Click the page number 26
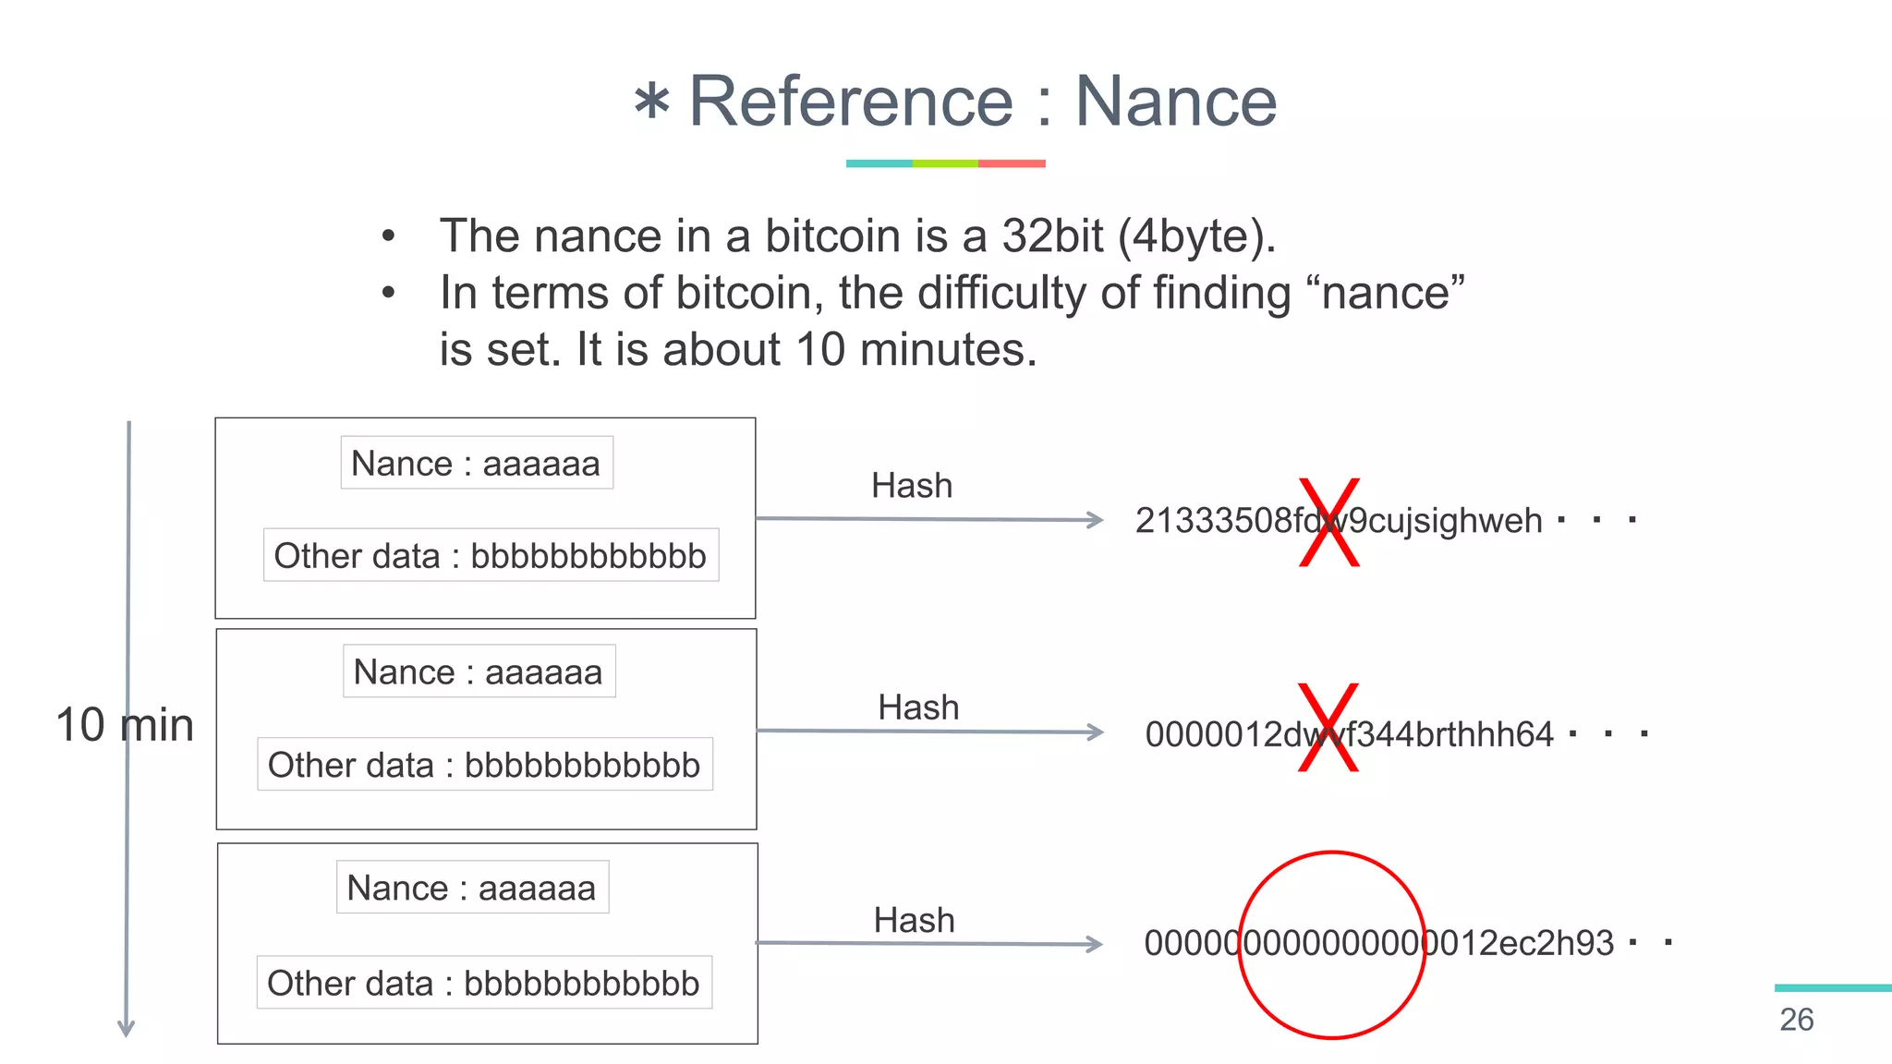(1796, 1020)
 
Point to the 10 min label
(125, 725)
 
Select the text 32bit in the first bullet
(1052, 236)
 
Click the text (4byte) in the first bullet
(1196, 236)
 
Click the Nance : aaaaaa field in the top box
(476, 463)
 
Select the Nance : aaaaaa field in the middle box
(479, 671)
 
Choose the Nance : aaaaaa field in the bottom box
(472, 888)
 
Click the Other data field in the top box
(491, 555)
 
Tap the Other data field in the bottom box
(484, 983)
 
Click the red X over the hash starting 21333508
(1329, 522)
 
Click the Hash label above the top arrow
(912, 486)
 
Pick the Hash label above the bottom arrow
(915, 920)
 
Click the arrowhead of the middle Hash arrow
(1096, 732)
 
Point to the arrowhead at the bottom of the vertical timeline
(127, 1028)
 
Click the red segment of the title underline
(1012, 163)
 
